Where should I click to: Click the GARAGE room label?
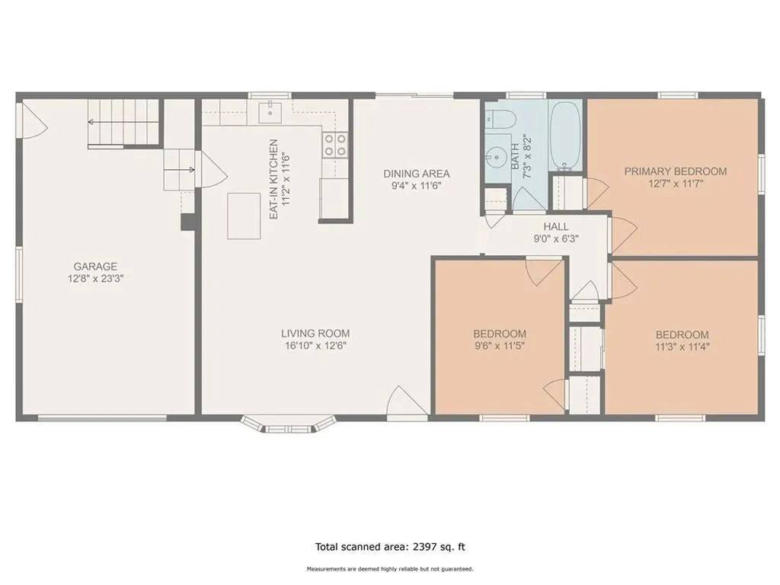95,267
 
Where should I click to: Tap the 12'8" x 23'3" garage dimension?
95,279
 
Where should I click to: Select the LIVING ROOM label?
315,334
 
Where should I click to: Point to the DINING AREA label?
417,174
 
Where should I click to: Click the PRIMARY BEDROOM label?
676,171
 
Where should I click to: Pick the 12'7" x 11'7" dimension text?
676,184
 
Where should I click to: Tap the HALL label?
555,227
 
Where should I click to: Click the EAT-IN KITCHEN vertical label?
273,180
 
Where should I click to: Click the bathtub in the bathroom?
566,136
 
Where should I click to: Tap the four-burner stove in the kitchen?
335,145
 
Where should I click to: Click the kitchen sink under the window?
270,111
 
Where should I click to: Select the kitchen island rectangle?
244,216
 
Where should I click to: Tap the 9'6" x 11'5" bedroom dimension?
500,346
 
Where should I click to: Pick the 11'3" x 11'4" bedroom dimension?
682,347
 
